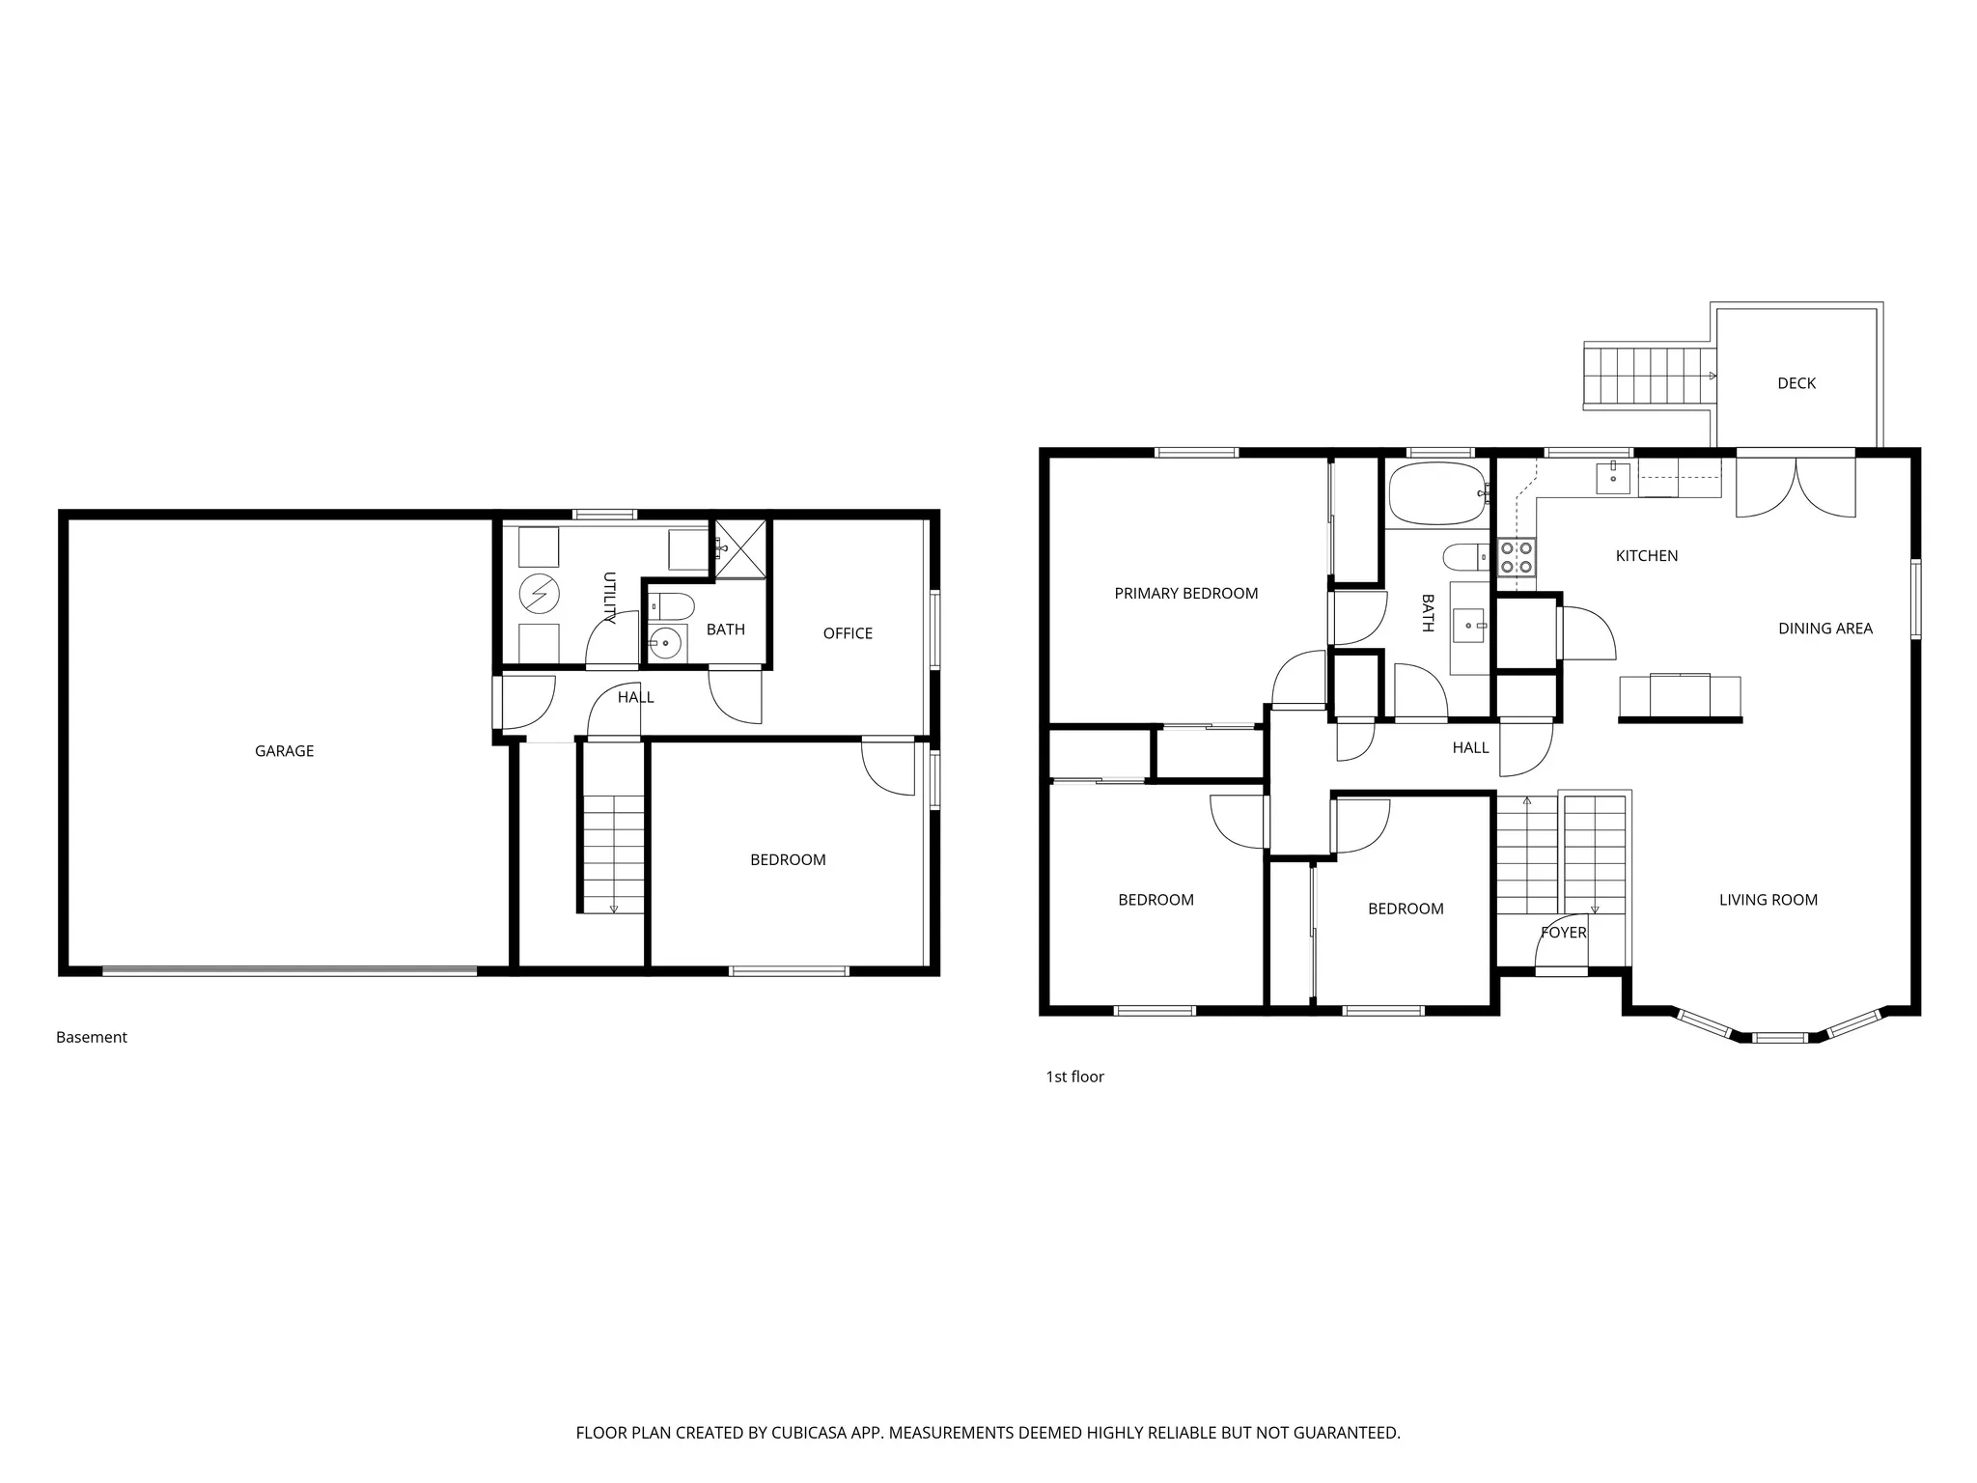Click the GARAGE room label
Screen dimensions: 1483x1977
[x=284, y=751]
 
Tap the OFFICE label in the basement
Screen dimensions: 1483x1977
[x=848, y=633]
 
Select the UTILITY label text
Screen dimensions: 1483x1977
[x=609, y=598]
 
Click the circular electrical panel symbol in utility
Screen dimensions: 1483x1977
[x=539, y=594]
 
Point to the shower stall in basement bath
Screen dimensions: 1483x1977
[x=740, y=548]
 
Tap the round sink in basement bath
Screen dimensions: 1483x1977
[x=665, y=642]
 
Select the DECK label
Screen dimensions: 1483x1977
[x=1796, y=383]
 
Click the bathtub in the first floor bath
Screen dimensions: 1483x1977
[x=1435, y=493]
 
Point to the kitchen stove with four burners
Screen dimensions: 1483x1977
[x=1516, y=557]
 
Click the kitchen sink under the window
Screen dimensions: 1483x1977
[x=1612, y=477]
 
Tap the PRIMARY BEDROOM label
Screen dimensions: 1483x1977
[x=1185, y=594]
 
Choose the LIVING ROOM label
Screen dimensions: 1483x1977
[x=1768, y=900]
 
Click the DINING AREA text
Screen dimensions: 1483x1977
[x=1824, y=629]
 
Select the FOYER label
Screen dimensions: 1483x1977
[x=1563, y=933]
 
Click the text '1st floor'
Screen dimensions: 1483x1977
[x=1074, y=1077]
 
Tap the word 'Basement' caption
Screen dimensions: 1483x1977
[x=92, y=1037]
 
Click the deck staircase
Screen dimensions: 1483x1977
[x=1647, y=376]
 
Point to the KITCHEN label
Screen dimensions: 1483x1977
[x=1646, y=556]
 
